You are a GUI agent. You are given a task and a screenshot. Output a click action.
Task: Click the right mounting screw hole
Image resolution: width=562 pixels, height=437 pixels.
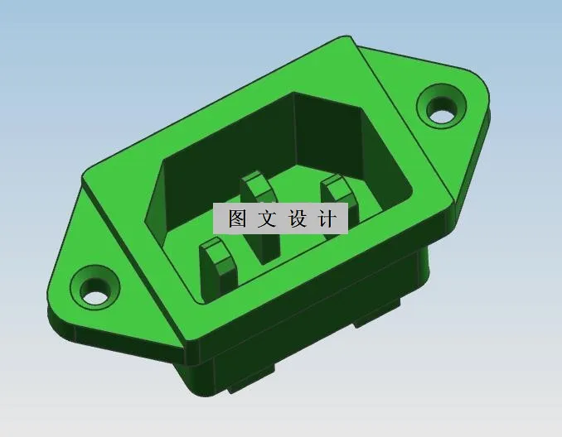(441, 108)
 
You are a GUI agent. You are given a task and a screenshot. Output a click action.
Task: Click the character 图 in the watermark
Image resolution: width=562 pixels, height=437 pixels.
(237, 218)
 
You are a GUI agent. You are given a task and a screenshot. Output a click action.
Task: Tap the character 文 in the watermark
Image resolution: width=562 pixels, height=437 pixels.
(268, 218)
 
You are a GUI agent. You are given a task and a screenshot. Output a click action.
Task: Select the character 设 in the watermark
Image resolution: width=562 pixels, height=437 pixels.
(298, 218)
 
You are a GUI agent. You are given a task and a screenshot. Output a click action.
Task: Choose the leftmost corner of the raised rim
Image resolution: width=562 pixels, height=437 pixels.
(84, 175)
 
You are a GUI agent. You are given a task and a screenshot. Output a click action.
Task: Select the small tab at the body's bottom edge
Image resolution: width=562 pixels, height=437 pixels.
(249, 382)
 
